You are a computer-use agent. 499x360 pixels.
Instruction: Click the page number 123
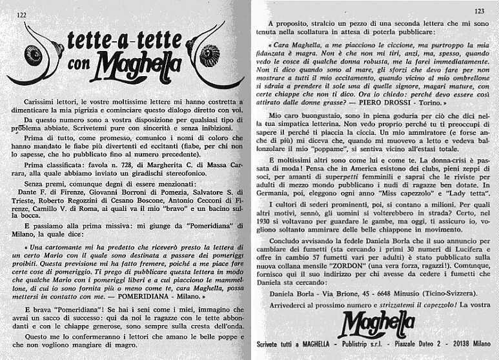479,11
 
